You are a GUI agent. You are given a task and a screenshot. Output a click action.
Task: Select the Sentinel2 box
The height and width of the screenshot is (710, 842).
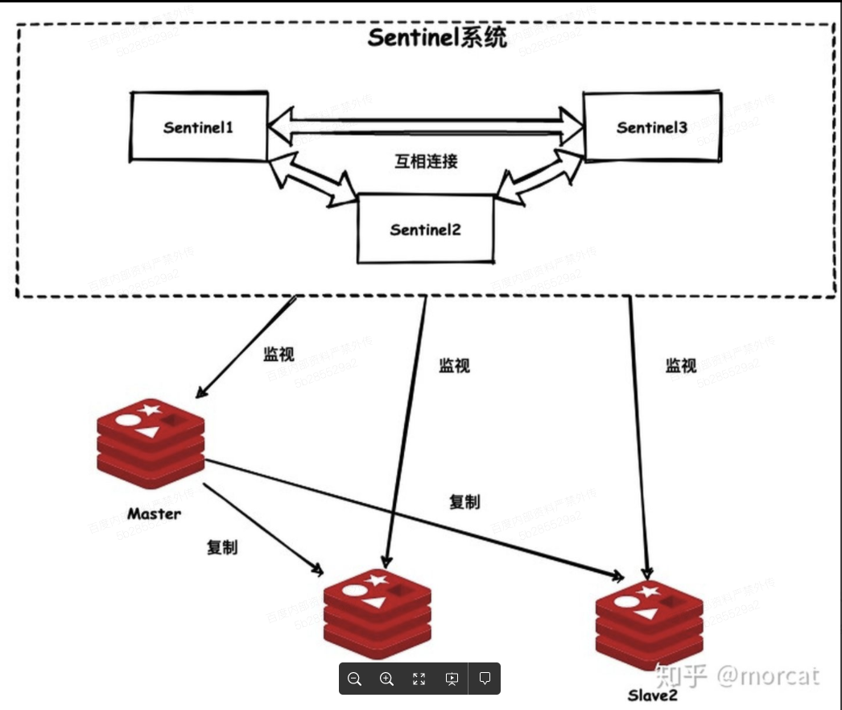(425, 229)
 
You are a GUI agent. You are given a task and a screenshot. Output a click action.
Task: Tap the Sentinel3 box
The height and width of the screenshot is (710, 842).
(652, 127)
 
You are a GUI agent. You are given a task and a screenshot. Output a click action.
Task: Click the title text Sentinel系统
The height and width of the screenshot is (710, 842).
(437, 38)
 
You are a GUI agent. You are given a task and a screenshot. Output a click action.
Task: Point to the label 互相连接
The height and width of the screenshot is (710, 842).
(427, 161)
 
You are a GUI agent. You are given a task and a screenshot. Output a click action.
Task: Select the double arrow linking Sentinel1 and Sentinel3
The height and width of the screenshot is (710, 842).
(426, 125)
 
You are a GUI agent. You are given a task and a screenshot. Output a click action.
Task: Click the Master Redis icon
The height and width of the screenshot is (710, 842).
(150, 442)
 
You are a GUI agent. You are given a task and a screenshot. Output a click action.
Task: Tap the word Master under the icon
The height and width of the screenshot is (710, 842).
(154, 513)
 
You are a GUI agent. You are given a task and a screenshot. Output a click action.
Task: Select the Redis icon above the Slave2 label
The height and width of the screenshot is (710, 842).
(649, 625)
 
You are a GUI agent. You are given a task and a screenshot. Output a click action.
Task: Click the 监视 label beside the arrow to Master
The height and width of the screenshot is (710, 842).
(279, 354)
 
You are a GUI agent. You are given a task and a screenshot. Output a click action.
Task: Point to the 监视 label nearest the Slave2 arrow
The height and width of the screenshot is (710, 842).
(680, 365)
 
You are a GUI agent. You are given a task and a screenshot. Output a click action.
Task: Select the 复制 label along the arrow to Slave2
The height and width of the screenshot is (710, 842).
(464, 501)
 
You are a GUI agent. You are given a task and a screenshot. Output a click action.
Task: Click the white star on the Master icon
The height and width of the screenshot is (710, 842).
(150, 410)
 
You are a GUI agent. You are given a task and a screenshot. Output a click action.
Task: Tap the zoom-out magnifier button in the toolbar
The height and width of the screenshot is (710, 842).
(354, 679)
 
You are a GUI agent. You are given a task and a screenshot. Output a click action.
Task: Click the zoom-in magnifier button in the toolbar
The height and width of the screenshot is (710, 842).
(386, 679)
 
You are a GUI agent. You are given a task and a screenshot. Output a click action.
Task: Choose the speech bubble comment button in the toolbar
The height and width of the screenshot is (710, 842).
(485, 679)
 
